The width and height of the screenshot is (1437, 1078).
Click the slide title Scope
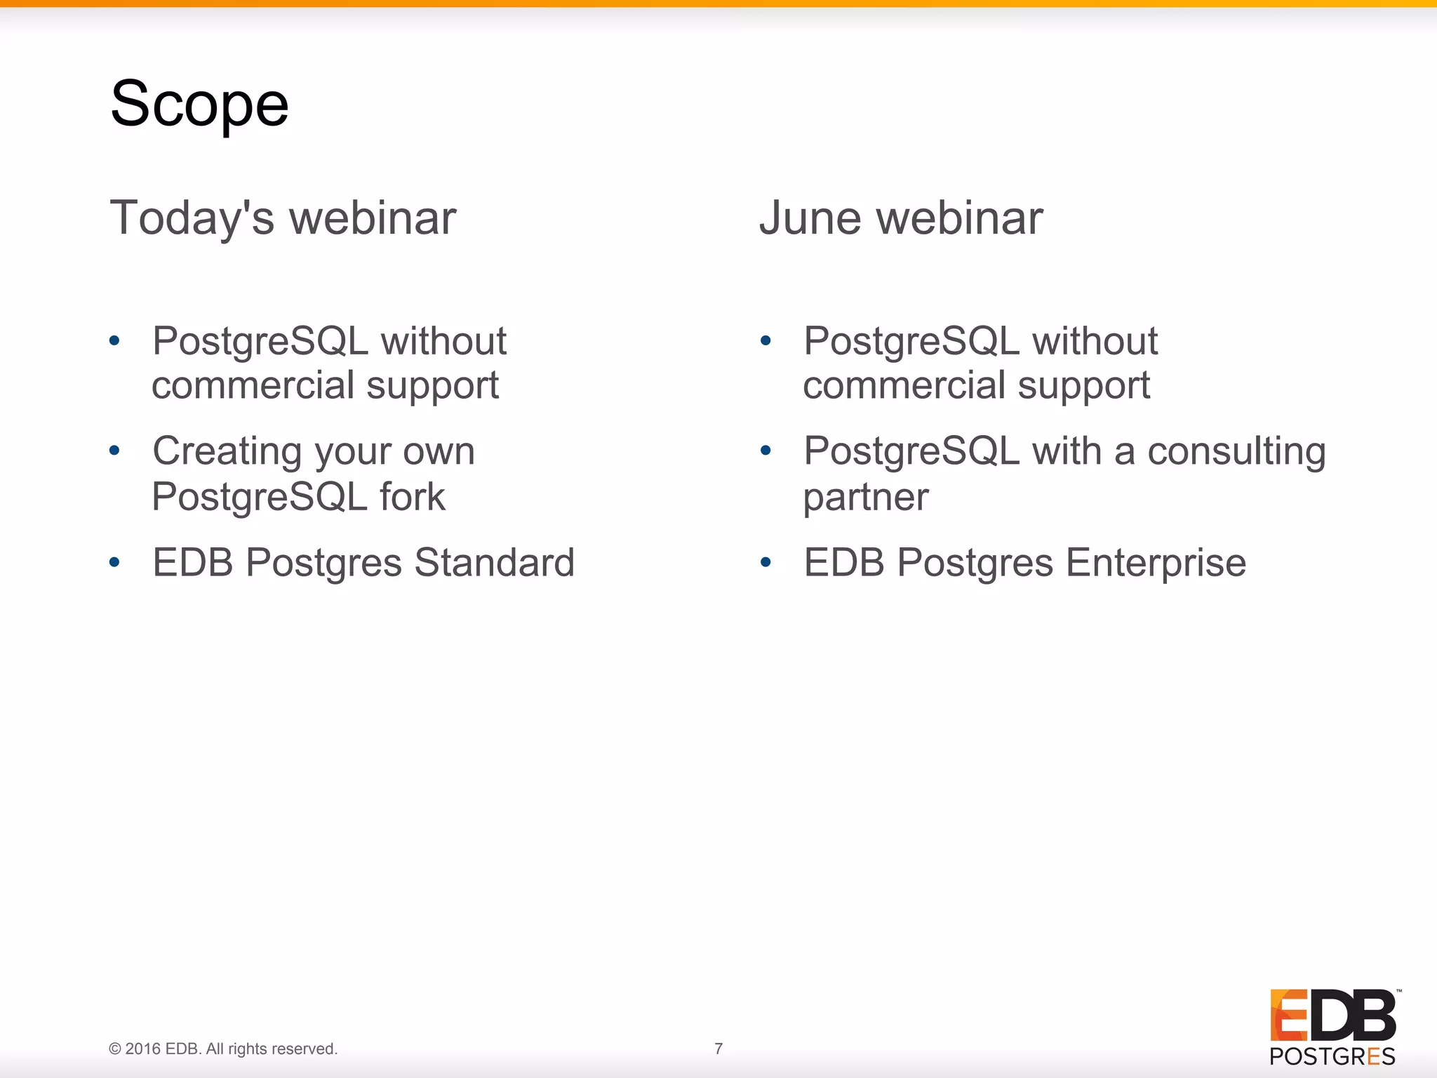coord(199,104)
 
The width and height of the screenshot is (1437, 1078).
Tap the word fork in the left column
coord(412,497)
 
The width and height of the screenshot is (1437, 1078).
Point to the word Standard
coord(494,563)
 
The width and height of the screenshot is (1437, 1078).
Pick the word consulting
coord(1236,451)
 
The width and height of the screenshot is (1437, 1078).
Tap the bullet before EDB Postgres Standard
coord(115,562)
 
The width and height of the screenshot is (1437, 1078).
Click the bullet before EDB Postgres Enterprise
coord(766,562)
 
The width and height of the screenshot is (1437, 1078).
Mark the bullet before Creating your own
coord(115,451)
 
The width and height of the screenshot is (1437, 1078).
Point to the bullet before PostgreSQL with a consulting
coord(766,451)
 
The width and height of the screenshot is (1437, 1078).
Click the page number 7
coord(718,1049)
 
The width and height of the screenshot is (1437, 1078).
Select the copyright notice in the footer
coord(223,1049)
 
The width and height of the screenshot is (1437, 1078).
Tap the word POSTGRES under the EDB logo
coord(1332,1057)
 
